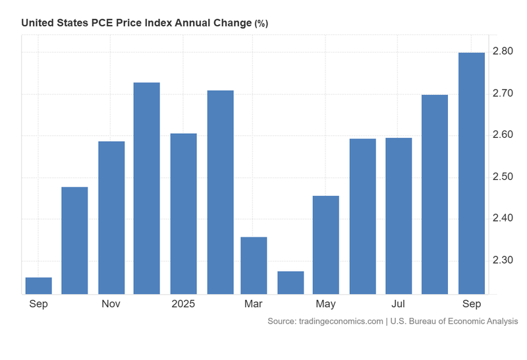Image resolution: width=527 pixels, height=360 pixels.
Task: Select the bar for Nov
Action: [111, 218]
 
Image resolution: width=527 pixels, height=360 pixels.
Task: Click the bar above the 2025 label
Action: [183, 214]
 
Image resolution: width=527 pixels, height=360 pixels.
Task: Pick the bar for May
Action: [325, 245]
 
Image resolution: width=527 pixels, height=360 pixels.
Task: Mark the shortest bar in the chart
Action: [38, 285]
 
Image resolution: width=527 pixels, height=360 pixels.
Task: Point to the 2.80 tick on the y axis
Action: [503, 52]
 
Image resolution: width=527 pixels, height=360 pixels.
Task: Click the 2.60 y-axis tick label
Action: [503, 135]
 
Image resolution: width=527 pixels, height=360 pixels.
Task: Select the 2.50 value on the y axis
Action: [503, 177]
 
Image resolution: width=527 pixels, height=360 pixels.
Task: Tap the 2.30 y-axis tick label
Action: [503, 260]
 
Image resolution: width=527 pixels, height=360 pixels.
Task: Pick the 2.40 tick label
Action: [503, 218]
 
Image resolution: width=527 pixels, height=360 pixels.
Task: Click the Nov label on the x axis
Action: [111, 304]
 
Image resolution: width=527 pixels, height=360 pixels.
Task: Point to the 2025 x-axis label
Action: [183, 304]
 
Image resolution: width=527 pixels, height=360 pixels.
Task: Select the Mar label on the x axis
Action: [254, 304]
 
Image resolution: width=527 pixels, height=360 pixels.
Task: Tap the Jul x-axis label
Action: [399, 304]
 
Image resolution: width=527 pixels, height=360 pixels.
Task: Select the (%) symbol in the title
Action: [262, 24]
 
